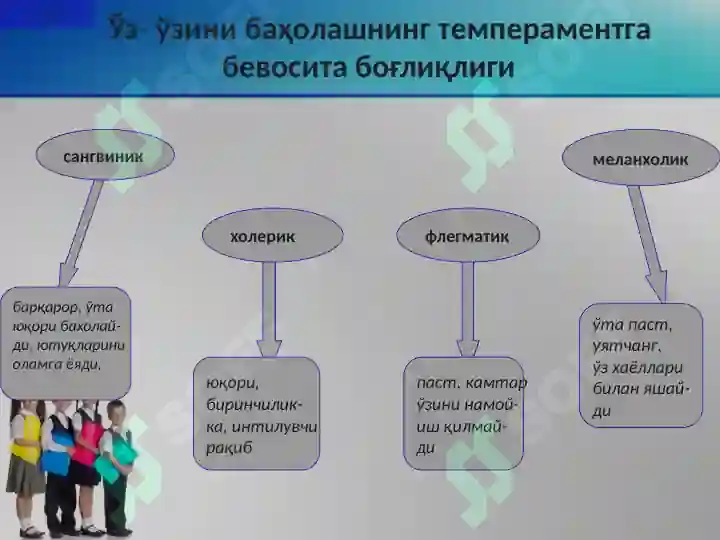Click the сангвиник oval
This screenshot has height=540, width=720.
coord(105,156)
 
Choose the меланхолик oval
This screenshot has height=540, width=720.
coord(640,158)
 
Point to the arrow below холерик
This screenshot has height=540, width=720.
coord(269,305)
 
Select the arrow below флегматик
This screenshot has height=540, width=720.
coord(468,305)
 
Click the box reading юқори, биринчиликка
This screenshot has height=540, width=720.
coord(256,412)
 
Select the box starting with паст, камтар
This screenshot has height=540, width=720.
coord(464,412)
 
